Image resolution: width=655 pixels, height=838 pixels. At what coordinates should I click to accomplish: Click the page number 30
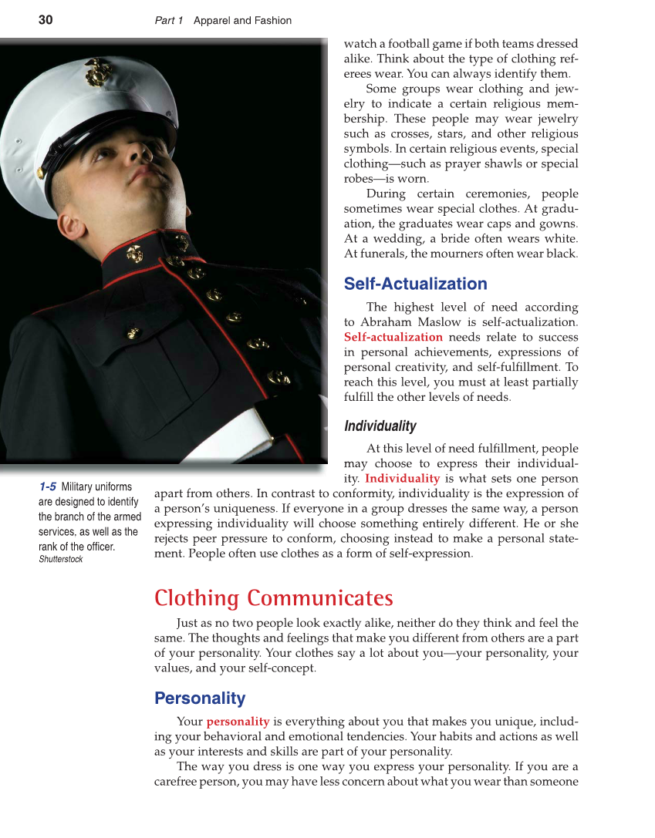coord(46,21)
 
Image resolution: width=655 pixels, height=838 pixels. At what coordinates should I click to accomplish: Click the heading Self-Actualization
coord(415,284)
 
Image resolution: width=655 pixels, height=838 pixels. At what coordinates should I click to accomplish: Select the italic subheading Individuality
coord(380,426)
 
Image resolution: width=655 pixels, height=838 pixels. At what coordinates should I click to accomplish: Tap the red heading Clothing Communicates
coord(273,598)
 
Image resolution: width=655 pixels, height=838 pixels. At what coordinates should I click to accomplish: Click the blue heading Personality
coord(200,698)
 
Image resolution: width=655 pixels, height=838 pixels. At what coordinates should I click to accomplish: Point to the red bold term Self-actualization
coord(393,337)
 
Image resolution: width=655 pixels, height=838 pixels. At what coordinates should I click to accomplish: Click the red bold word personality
coord(238,722)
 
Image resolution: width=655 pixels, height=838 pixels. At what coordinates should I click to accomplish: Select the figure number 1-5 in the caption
coord(47,486)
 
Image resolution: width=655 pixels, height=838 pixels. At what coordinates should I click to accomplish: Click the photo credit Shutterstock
coord(60,559)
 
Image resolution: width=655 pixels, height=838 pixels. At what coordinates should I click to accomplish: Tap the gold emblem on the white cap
coord(98,72)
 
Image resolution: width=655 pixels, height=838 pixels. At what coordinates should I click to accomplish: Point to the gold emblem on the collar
coord(134,253)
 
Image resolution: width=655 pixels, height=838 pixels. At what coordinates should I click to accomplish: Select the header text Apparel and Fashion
coord(242,21)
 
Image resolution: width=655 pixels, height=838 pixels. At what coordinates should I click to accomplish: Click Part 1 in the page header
coord(169,21)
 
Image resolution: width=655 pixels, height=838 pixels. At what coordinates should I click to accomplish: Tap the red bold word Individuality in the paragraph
coord(402,478)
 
